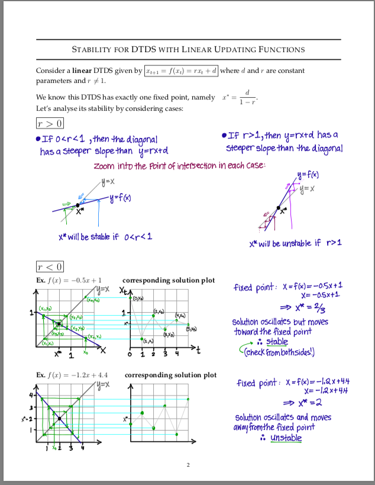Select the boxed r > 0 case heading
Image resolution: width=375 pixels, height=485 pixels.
click(50, 123)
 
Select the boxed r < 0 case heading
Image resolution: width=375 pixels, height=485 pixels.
click(50, 267)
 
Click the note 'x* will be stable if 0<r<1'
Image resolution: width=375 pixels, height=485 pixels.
click(105, 237)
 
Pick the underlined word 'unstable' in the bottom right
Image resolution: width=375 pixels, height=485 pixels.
click(286, 438)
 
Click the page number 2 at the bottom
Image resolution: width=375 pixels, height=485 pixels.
click(187, 464)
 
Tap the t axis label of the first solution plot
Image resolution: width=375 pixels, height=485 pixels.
click(199, 351)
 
